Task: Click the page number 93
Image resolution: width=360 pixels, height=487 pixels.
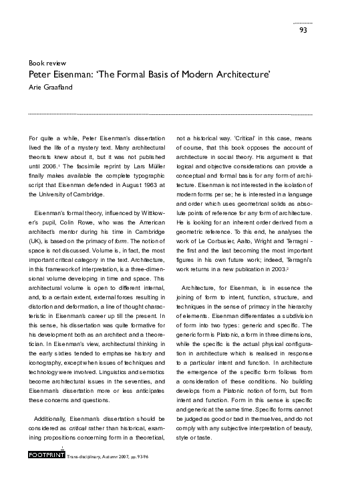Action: coord(303,29)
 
